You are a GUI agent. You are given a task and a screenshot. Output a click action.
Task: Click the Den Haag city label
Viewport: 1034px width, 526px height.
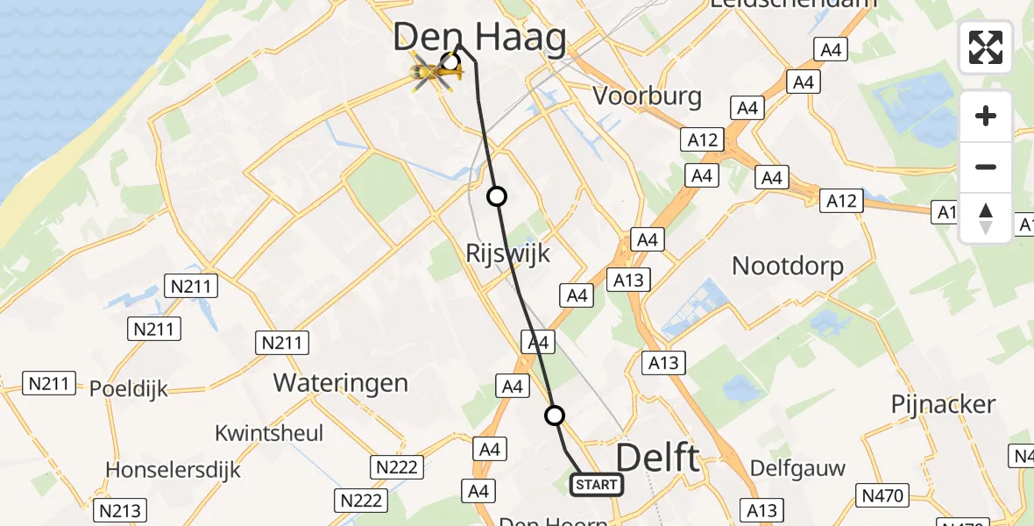tap(479, 37)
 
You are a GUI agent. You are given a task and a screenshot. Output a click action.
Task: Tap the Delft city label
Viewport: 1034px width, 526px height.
tap(659, 458)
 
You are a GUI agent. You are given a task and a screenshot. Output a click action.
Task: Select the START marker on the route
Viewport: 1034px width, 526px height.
tap(597, 484)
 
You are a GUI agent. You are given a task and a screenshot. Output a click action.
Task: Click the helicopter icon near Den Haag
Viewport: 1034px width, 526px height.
tap(436, 74)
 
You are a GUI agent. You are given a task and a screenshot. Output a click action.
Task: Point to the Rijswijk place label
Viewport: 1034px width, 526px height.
tap(507, 254)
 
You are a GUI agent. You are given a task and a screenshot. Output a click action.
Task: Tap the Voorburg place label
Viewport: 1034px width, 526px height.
tap(648, 96)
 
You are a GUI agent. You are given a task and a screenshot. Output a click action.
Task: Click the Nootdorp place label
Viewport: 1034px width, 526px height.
tap(788, 266)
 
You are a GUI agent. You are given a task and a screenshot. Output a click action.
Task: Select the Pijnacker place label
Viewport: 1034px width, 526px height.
tap(943, 404)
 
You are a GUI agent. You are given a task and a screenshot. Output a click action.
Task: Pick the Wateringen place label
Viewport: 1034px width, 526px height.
tap(340, 382)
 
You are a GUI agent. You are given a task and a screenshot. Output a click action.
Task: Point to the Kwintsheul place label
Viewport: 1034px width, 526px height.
tap(269, 433)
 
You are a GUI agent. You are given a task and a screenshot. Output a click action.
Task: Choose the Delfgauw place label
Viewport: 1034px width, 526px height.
tap(797, 468)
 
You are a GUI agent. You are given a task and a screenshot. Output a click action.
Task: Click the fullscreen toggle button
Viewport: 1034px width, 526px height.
tap(986, 47)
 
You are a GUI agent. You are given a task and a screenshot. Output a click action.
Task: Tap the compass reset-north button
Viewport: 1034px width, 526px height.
tap(986, 217)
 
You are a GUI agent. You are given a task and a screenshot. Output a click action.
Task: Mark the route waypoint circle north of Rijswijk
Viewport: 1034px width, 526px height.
tap(497, 196)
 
